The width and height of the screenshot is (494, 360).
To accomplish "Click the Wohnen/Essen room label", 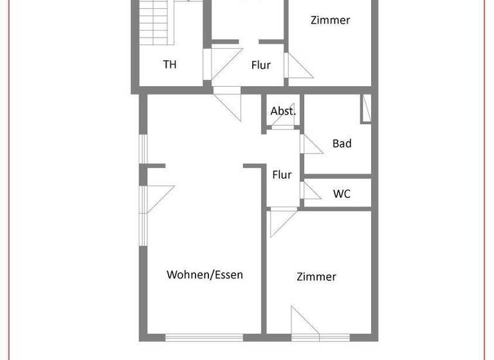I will (205, 274).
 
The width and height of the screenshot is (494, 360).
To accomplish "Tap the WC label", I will (342, 194).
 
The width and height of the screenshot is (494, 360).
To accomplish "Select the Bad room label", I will (342, 143).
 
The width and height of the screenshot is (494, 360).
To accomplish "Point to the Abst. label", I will (283, 111).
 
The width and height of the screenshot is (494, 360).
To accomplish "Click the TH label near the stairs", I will (170, 64).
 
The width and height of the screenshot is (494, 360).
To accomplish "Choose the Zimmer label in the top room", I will (330, 20).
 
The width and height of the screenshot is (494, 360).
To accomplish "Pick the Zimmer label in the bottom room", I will (316, 276).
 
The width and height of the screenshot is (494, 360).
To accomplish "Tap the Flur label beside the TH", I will (261, 65).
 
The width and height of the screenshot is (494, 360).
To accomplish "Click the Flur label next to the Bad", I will (282, 174).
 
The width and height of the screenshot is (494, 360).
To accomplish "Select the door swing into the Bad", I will (311, 144).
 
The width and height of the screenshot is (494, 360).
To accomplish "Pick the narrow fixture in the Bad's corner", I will (365, 108).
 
